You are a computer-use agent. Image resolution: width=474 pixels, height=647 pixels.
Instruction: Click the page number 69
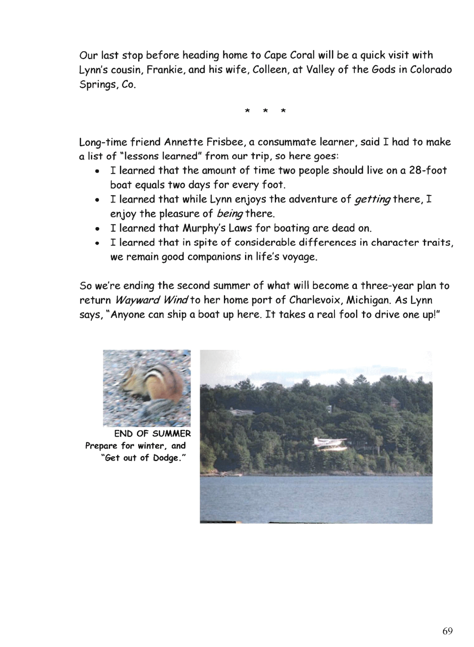(447, 631)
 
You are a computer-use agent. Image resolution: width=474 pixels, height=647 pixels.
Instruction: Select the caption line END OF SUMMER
(152, 434)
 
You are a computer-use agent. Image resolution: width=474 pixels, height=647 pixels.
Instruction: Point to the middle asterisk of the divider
(265, 111)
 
